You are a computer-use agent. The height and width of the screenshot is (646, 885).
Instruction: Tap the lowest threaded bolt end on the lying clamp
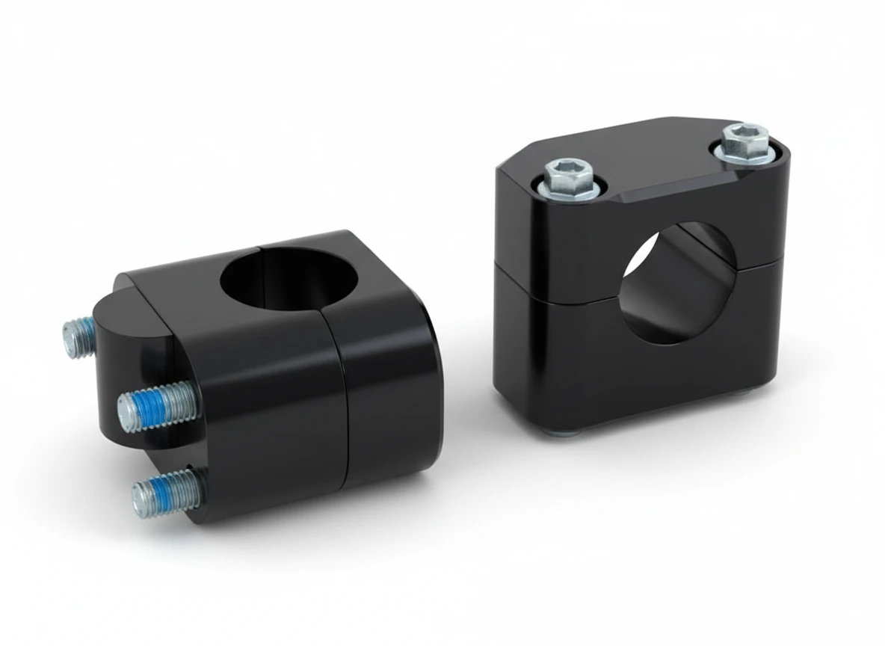point(166,492)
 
